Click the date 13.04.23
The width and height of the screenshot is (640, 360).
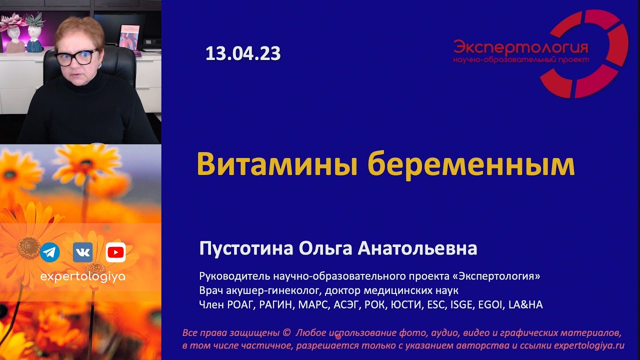coord(242,53)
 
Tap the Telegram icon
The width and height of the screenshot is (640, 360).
coord(50,252)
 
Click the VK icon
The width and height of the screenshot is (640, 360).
coord(82,252)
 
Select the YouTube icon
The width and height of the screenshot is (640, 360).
coord(115,252)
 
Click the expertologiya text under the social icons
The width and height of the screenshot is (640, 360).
coord(82,276)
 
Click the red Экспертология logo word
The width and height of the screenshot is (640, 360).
coord(520,48)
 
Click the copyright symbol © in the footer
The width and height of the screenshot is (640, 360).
coord(286,332)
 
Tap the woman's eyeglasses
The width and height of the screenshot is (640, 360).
coord(76,57)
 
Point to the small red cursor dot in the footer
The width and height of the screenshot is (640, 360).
coord(338,336)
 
